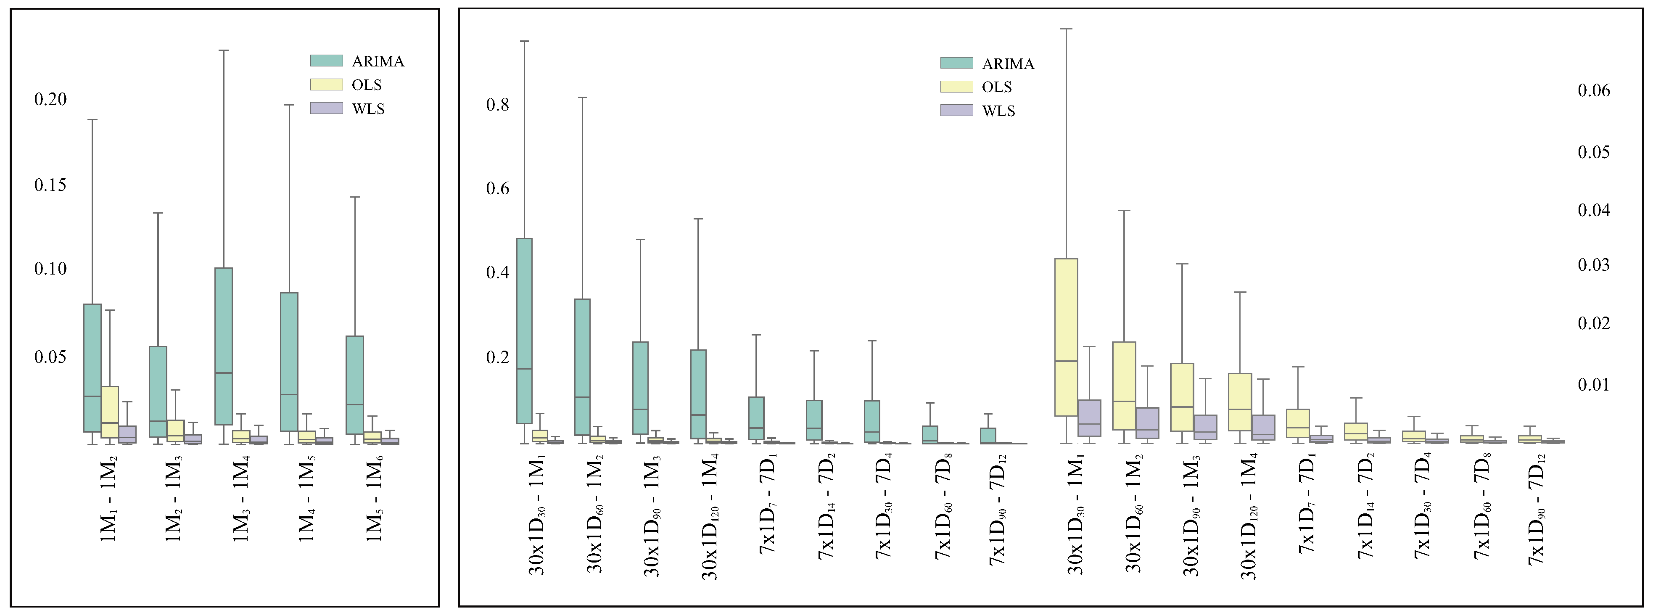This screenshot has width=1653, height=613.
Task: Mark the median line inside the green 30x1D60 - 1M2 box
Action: [x=582, y=397]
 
